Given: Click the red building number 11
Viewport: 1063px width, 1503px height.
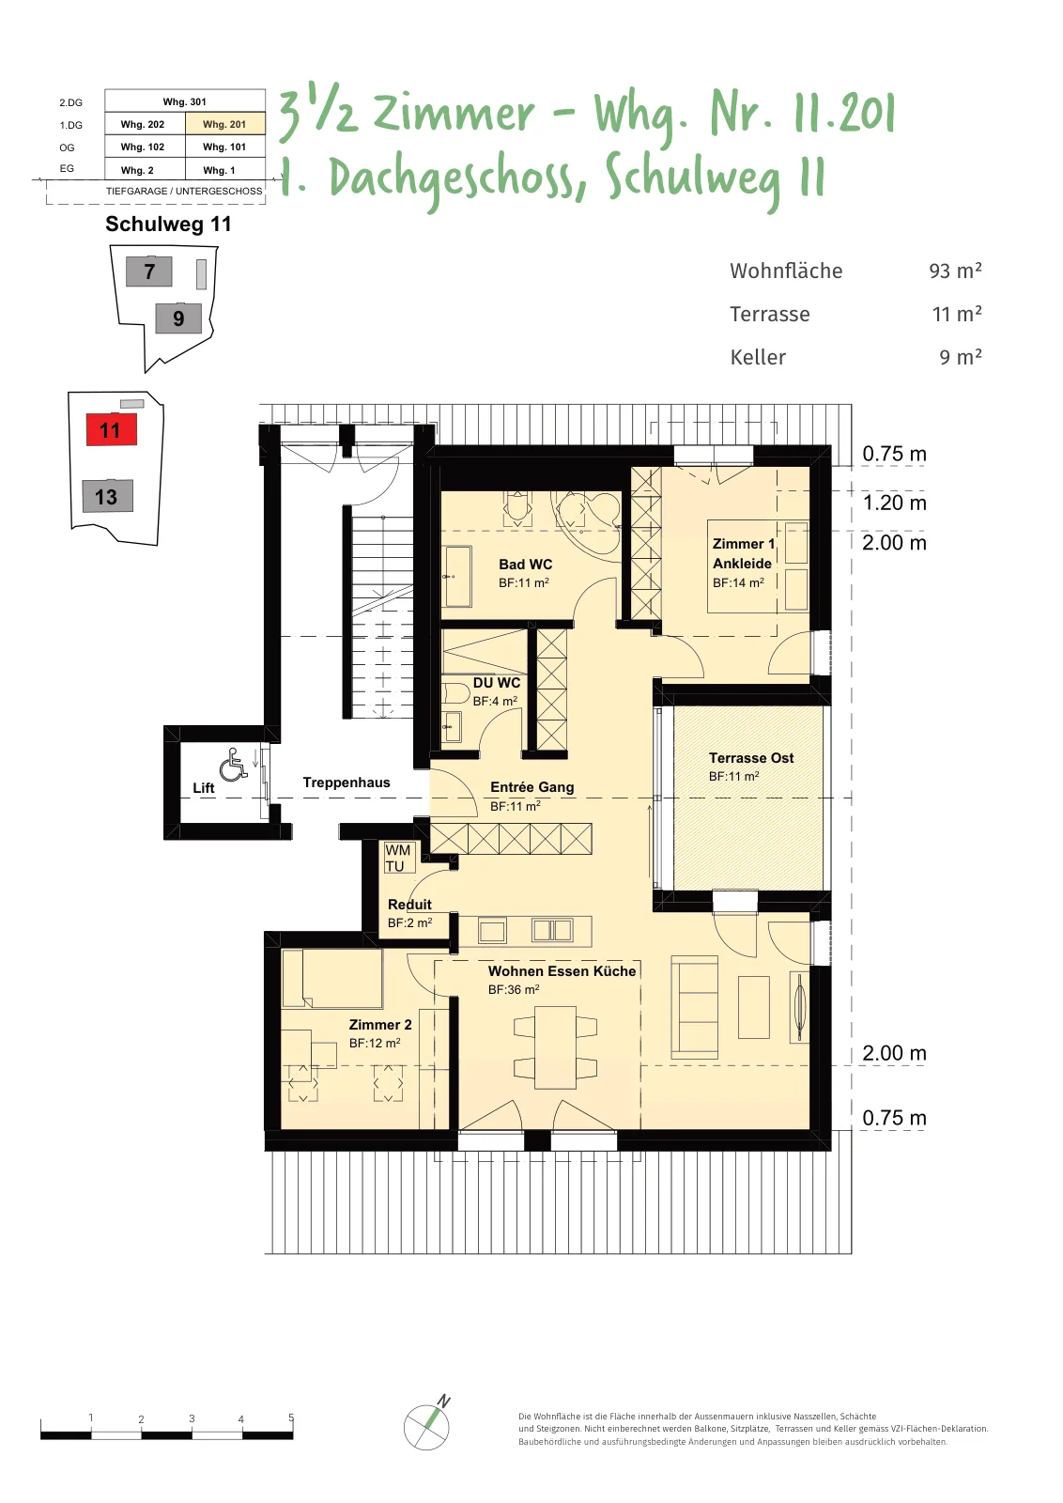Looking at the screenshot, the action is [x=112, y=429].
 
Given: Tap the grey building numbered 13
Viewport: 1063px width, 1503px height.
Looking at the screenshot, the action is [x=107, y=496].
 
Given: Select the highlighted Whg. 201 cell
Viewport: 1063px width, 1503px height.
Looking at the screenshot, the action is [x=224, y=124].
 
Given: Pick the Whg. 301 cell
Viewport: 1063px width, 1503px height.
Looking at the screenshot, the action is [x=184, y=101].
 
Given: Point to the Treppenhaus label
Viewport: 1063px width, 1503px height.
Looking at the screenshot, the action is [x=347, y=782].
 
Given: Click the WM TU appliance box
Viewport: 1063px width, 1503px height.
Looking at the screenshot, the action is [x=398, y=859].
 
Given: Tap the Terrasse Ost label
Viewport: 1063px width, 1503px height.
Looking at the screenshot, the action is [x=751, y=757].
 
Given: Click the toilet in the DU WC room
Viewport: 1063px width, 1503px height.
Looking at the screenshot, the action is [x=455, y=692].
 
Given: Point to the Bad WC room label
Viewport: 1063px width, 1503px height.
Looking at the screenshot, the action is [x=525, y=565].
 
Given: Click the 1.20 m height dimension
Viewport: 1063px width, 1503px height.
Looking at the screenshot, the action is [x=894, y=503].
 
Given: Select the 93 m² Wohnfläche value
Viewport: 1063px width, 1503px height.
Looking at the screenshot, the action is [x=955, y=271].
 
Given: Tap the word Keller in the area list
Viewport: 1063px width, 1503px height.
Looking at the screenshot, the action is [x=758, y=357].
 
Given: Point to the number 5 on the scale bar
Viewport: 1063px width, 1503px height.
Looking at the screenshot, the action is [x=291, y=1418].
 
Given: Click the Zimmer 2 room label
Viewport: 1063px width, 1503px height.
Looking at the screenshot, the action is [x=380, y=1025].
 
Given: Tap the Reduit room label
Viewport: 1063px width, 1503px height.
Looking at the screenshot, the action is [x=409, y=904].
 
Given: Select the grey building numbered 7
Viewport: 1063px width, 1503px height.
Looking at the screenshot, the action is [x=149, y=271].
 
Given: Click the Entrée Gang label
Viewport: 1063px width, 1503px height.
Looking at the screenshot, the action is [x=531, y=786].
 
